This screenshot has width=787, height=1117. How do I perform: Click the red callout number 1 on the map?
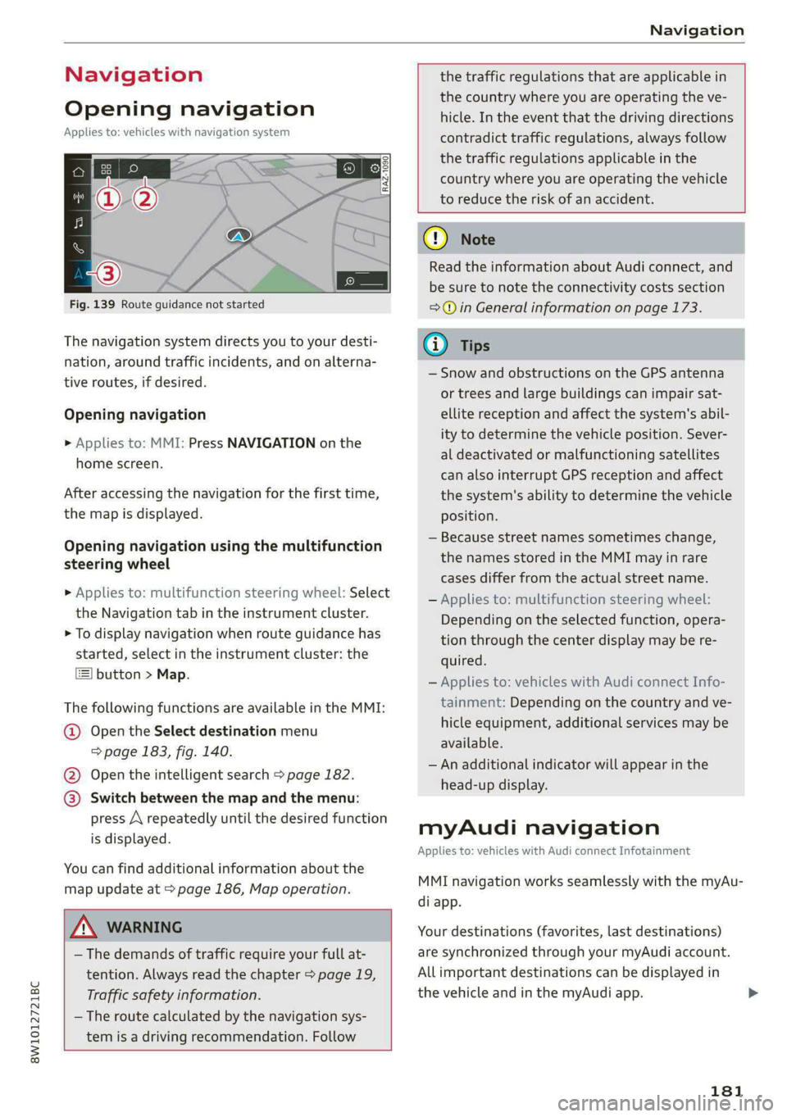click(108, 199)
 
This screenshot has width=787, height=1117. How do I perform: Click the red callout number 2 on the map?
click(145, 199)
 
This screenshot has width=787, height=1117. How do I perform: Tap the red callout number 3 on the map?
click(108, 273)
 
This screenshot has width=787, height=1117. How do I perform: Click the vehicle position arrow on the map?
click(239, 236)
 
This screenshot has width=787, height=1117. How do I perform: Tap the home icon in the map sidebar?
click(79, 171)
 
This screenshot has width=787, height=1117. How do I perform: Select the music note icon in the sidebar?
click(79, 222)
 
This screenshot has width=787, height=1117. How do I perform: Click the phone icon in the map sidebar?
click(79, 247)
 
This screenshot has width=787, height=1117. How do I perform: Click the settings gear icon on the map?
click(375, 168)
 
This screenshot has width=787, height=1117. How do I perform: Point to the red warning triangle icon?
click(84, 927)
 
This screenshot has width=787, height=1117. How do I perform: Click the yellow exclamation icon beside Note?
click(434, 238)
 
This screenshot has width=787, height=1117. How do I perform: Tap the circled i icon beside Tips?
click(434, 345)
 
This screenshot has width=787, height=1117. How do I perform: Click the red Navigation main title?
click(134, 75)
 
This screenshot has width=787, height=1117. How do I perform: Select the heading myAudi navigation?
click(539, 827)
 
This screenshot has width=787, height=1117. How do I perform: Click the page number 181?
click(726, 1090)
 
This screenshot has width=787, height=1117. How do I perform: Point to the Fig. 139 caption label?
click(92, 304)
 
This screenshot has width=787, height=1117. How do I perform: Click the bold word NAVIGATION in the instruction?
click(271, 443)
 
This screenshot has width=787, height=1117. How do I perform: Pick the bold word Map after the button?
click(171, 674)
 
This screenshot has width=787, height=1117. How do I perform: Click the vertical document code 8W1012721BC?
click(34, 1021)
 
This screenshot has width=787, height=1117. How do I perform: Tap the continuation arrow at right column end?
click(753, 993)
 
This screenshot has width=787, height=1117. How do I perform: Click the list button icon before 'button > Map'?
click(84, 674)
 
